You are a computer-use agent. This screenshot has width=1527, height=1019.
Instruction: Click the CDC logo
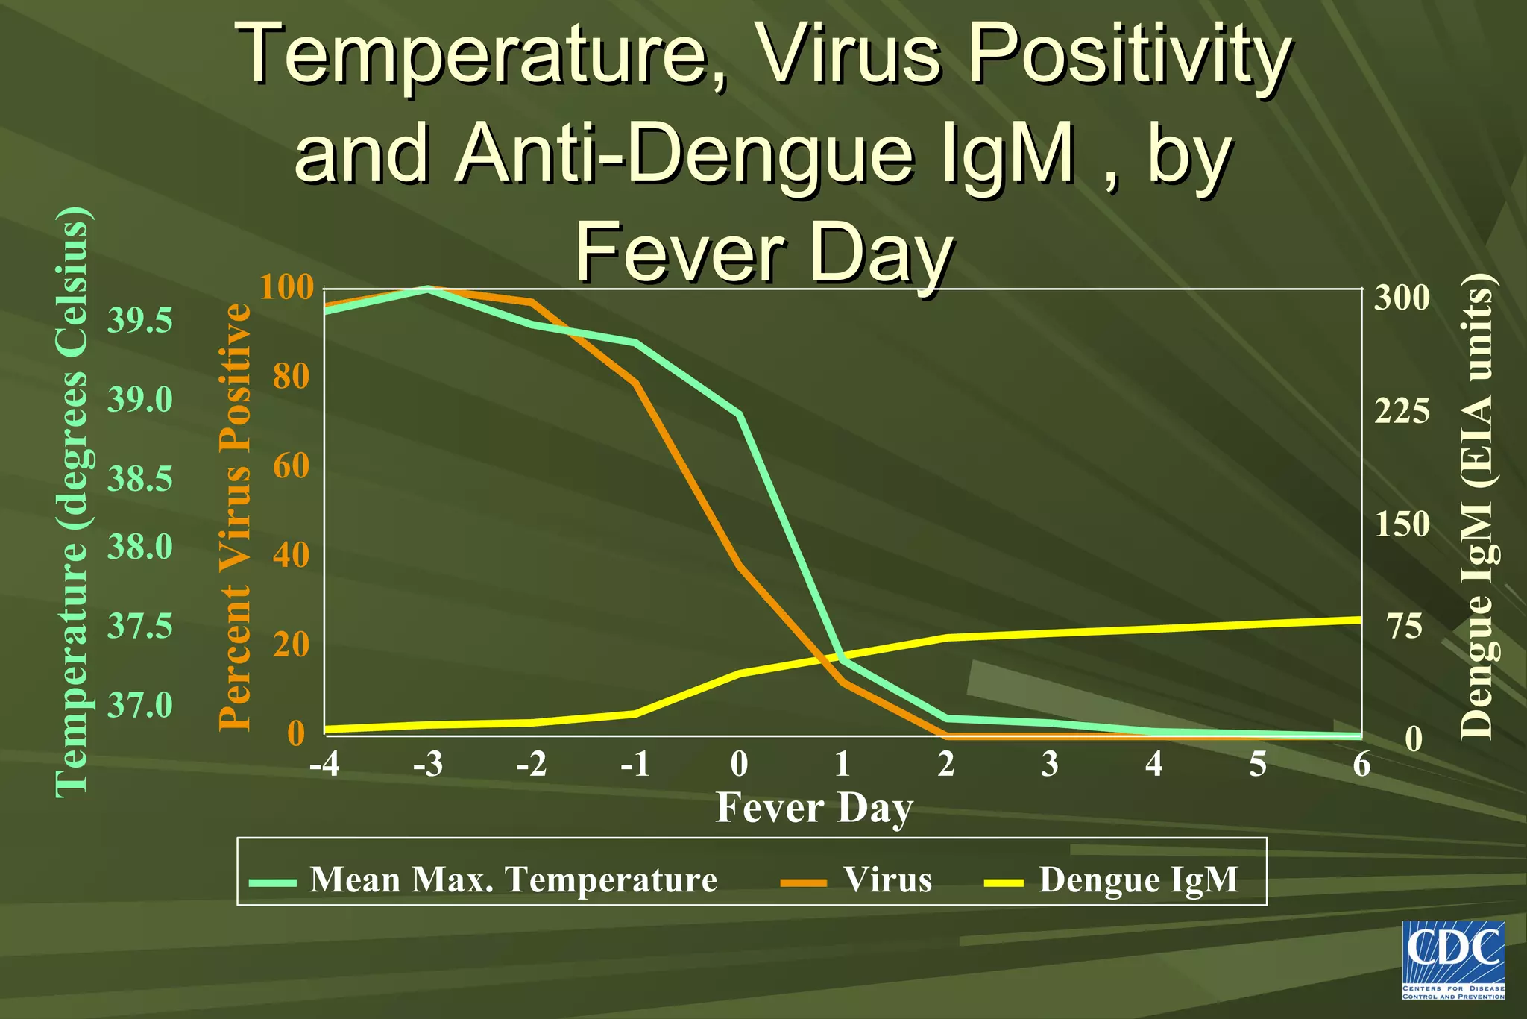click(x=1453, y=960)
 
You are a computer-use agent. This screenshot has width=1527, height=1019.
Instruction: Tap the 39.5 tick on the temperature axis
click(x=140, y=321)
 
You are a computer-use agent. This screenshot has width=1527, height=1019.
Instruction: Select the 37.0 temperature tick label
click(x=140, y=704)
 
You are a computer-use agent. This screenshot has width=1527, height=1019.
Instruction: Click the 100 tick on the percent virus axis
click(x=287, y=286)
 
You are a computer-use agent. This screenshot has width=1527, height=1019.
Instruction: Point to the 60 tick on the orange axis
click(x=291, y=465)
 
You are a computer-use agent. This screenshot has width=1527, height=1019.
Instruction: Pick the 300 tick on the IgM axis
click(x=1402, y=298)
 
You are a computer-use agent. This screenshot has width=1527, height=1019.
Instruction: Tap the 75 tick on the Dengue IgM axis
click(x=1405, y=626)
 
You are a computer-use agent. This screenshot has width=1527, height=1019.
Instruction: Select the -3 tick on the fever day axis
click(x=428, y=764)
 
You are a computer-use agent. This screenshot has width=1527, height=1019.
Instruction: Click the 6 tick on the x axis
click(x=1361, y=764)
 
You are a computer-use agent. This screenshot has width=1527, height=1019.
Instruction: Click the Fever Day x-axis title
click(x=814, y=808)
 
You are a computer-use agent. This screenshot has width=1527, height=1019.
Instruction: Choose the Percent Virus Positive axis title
click(x=234, y=515)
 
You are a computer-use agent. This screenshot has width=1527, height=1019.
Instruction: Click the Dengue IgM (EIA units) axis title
click(x=1476, y=507)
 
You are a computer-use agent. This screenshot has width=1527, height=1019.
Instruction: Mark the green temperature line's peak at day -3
click(x=428, y=289)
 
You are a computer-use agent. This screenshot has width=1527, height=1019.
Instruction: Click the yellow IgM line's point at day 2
click(x=947, y=638)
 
